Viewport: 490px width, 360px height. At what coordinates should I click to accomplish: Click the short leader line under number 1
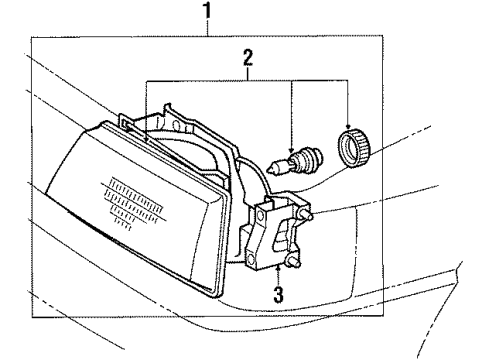point(207,29)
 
